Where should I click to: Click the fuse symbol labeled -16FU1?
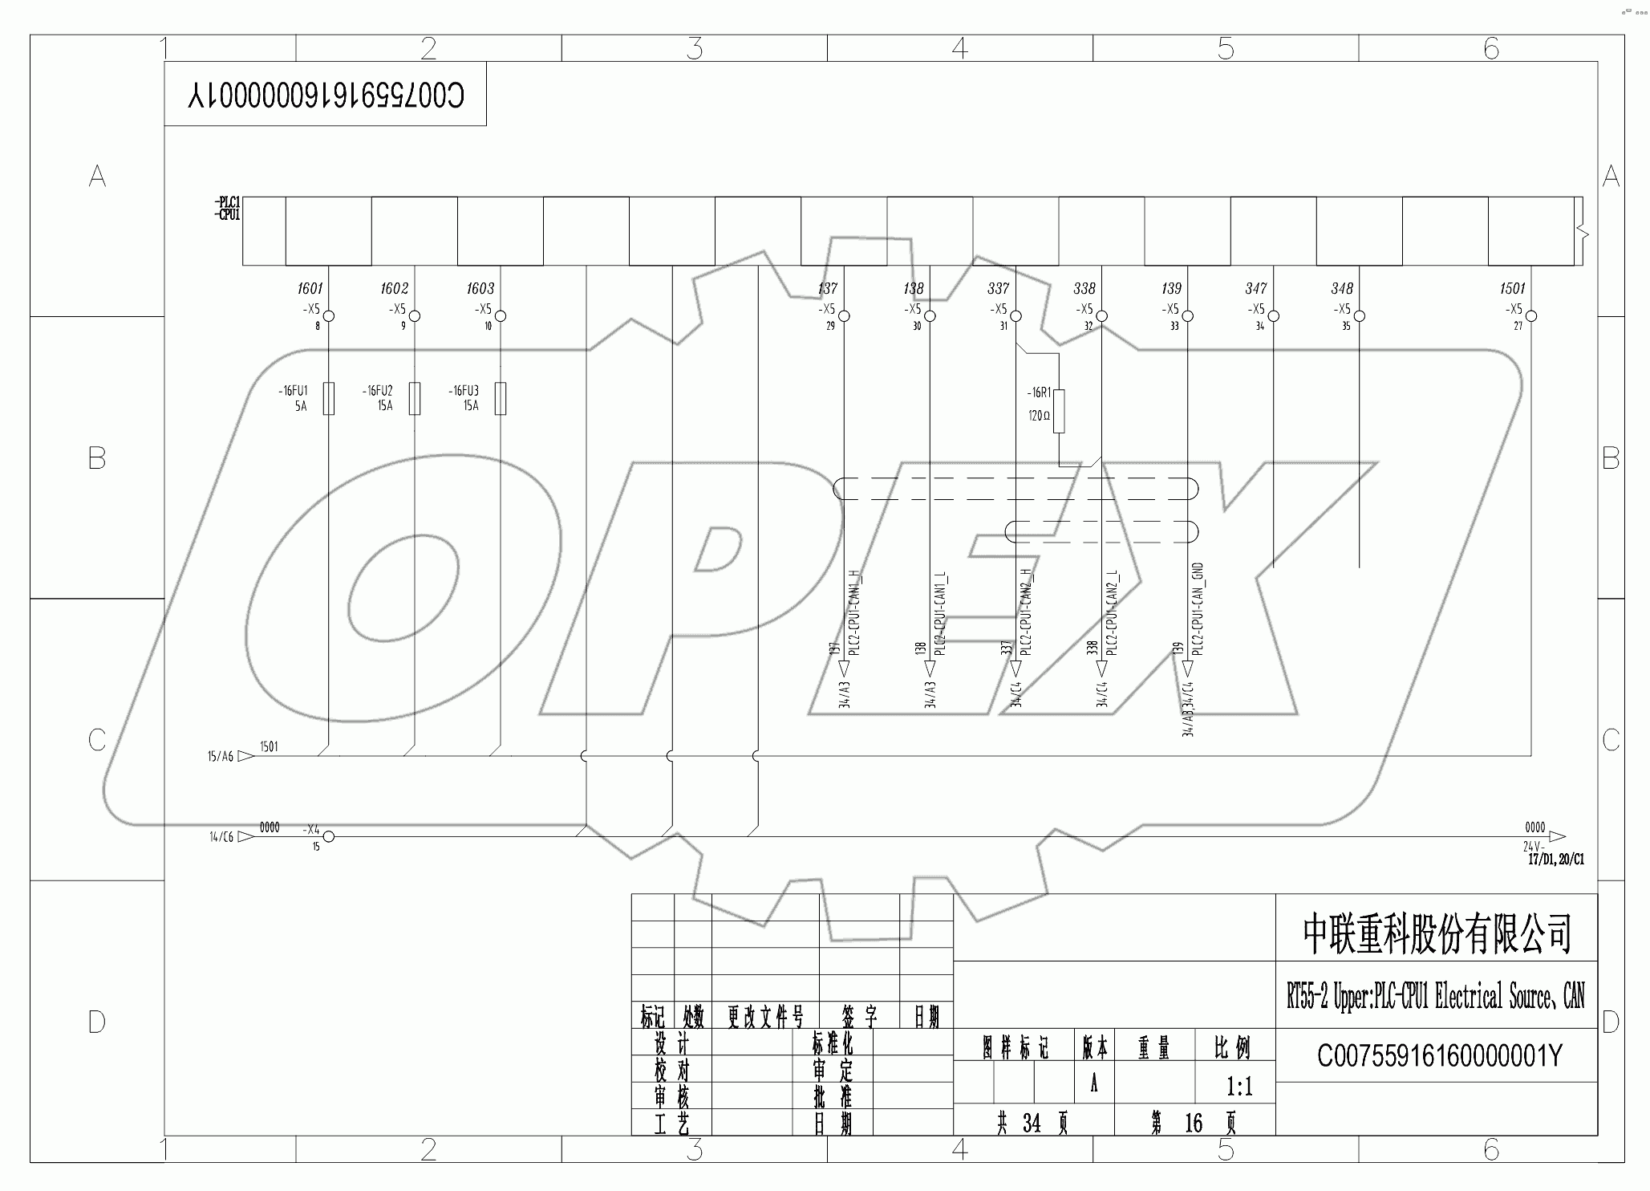(328, 399)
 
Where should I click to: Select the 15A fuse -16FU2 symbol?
(414, 399)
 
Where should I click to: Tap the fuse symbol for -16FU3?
(500, 399)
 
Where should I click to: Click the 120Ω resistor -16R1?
(1059, 412)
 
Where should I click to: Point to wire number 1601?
(310, 288)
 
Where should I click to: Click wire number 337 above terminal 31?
(998, 288)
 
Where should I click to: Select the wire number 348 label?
(1341, 288)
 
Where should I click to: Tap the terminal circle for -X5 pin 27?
(1530, 316)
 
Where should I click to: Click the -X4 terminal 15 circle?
(328, 836)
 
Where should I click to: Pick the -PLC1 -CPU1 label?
(227, 209)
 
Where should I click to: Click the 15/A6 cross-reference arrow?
(245, 756)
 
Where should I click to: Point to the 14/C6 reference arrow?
(245, 836)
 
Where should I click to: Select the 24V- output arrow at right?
(1557, 836)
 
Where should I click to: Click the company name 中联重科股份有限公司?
(1436, 933)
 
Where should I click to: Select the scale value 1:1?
(1239, 1087)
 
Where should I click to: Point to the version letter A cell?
(1093, 1084)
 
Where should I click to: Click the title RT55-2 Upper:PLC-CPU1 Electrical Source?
(1436, 998)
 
